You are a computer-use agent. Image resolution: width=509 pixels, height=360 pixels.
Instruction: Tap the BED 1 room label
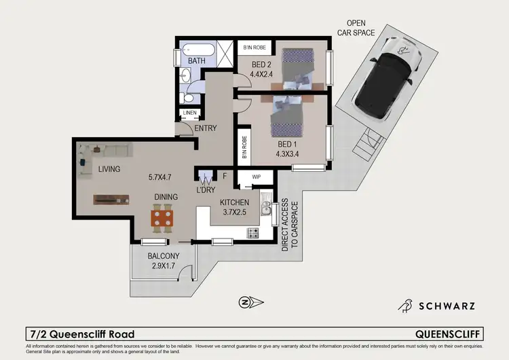[x=288, y=145]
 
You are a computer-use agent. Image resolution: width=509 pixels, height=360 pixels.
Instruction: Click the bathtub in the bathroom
[x=197, y=50]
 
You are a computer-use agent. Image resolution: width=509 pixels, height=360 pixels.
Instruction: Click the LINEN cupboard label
[x=188, y=113]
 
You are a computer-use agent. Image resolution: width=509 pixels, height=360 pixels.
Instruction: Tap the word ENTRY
[x=206, y=128]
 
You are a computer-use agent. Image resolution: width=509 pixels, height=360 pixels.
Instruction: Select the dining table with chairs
[x=162, y=218]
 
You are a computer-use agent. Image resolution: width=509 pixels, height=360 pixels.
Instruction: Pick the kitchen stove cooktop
[x=252, y=233]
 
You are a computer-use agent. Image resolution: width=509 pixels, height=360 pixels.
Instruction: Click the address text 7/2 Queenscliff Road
[x=82, y=334]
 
